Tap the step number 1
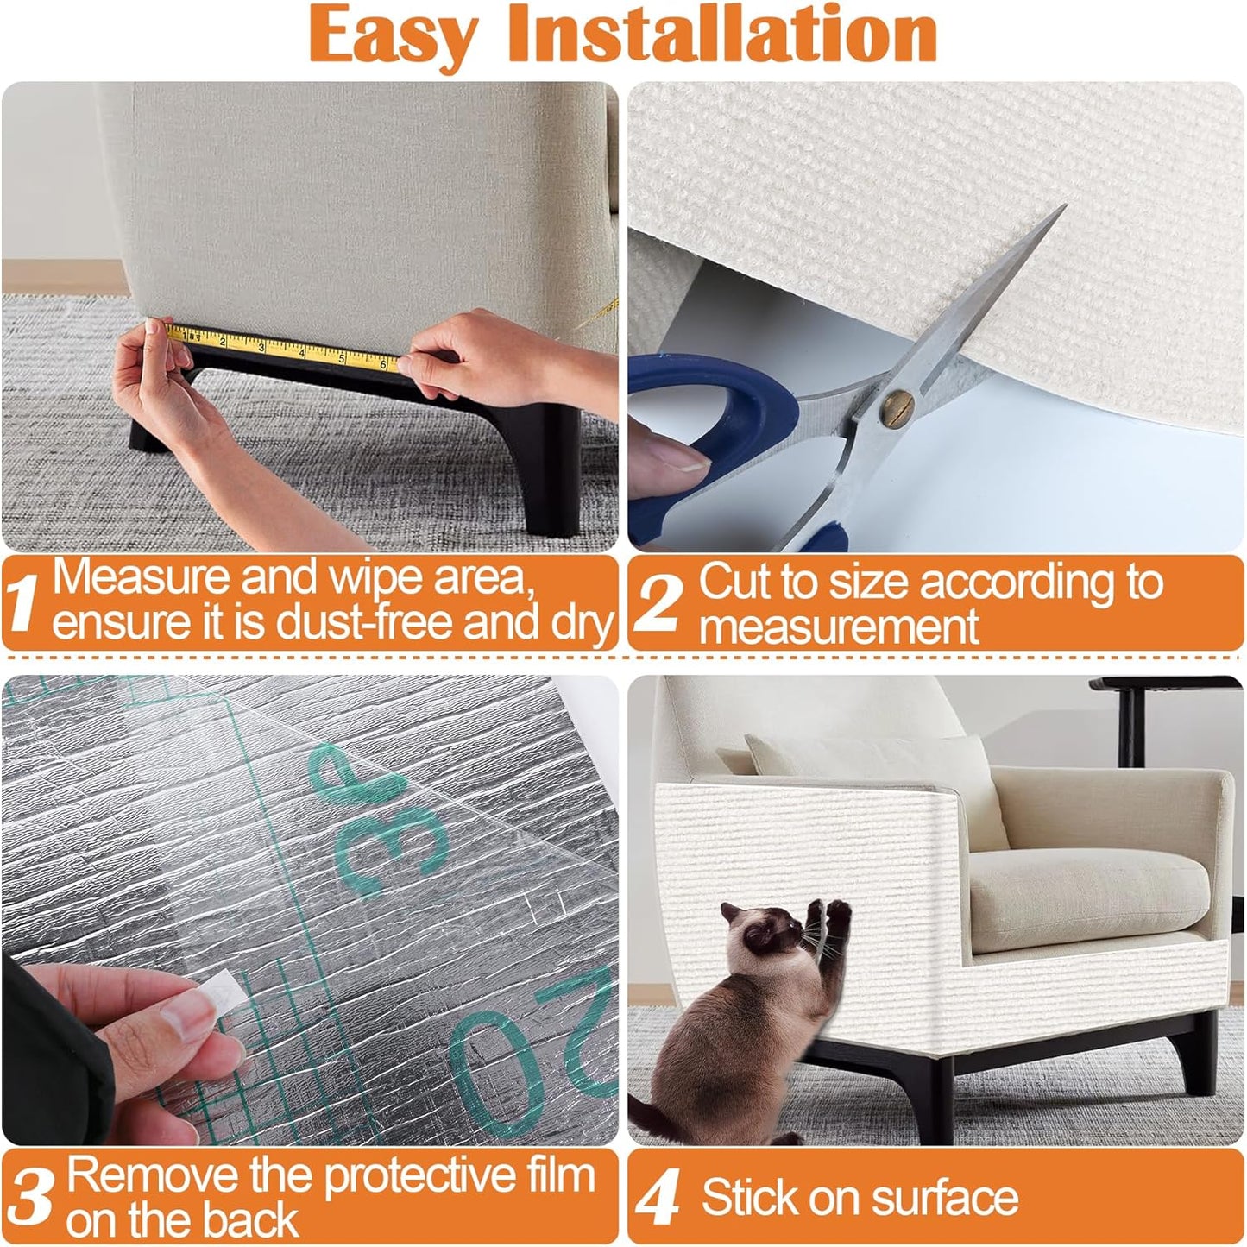(x=23, y=602)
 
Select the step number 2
(x=660, y=601)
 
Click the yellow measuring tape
(x=285, y=349)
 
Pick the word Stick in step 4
(x=742, y=1199)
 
